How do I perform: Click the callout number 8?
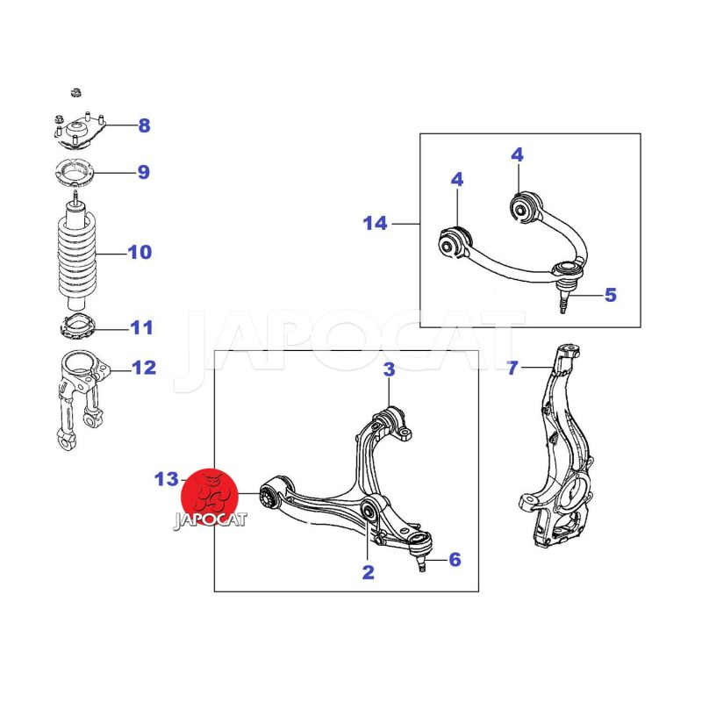(x=144, y=125)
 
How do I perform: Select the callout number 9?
(x=143, y=172)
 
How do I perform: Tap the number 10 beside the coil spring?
(x=140, y=252)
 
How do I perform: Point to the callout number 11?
(x=141, y=327)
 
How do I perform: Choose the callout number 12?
(x=144, y=368)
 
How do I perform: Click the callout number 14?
(x=375, y=223)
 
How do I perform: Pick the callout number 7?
(x=512, y=368)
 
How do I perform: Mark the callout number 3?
(x=389, y=369)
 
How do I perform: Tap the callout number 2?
(x=368, y=572)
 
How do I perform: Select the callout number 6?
(x=455, y=559)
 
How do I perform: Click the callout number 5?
(x=611, y=295)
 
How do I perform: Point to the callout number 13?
(x=166, y=479)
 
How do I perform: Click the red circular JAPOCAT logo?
(x=210, y=498)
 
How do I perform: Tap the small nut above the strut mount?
(x=76, y=93)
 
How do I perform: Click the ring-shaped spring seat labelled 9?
(x=75, y=172)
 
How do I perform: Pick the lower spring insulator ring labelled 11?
(x=78, y=326)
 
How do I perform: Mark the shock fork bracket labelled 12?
(x=82, y=398)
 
